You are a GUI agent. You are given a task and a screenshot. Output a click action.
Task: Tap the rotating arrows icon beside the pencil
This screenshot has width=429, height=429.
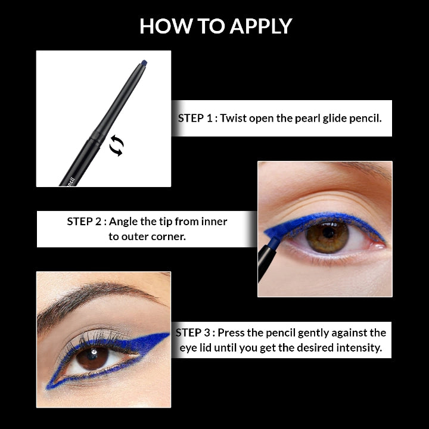[116, 145]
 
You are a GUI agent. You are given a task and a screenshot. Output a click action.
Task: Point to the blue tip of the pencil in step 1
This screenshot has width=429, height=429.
[144, 62]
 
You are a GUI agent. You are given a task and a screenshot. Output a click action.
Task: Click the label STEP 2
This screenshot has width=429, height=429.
[86, 222]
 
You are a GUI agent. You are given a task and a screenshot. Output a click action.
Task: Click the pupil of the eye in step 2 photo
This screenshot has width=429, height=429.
[328, 234]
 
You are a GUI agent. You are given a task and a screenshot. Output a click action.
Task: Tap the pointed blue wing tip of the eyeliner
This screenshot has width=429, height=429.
[167, 334]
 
